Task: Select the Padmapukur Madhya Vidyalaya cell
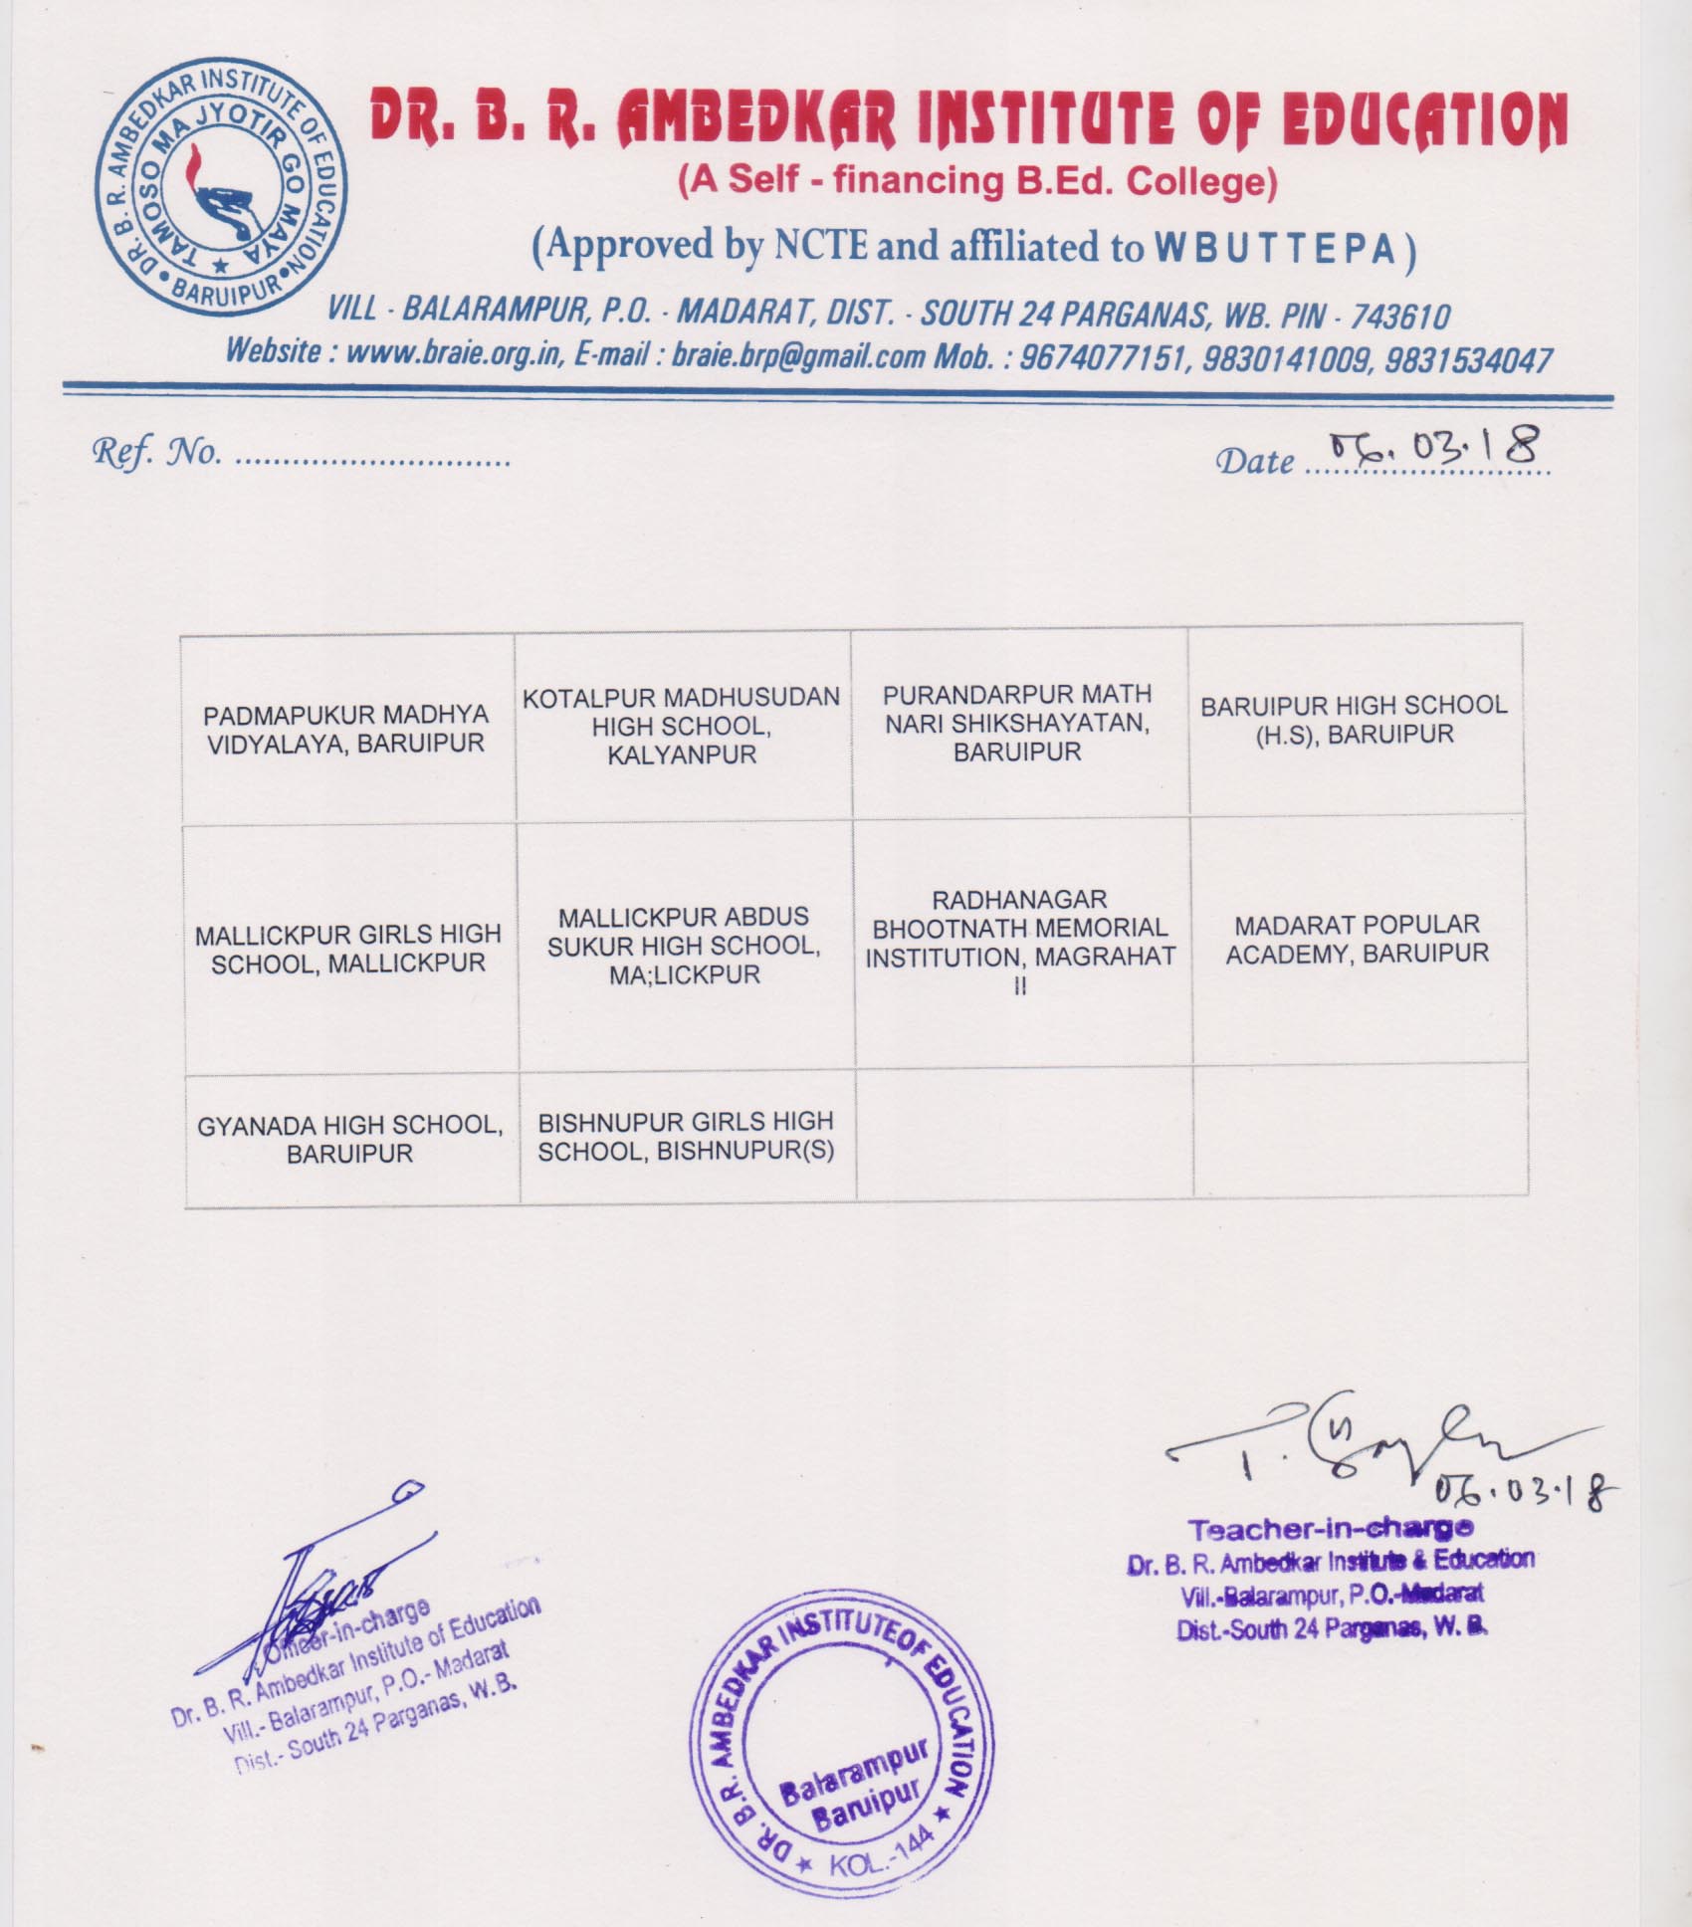(346, 730)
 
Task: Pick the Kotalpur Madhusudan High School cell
(682, 726)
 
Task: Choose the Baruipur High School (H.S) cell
(1354, 720)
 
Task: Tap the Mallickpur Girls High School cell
(348, 949)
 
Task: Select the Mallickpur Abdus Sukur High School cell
(684, 946)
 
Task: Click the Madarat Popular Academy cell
(1358, 939)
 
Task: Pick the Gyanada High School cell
(350, 1140)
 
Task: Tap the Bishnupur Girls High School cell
(686, 1136)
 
